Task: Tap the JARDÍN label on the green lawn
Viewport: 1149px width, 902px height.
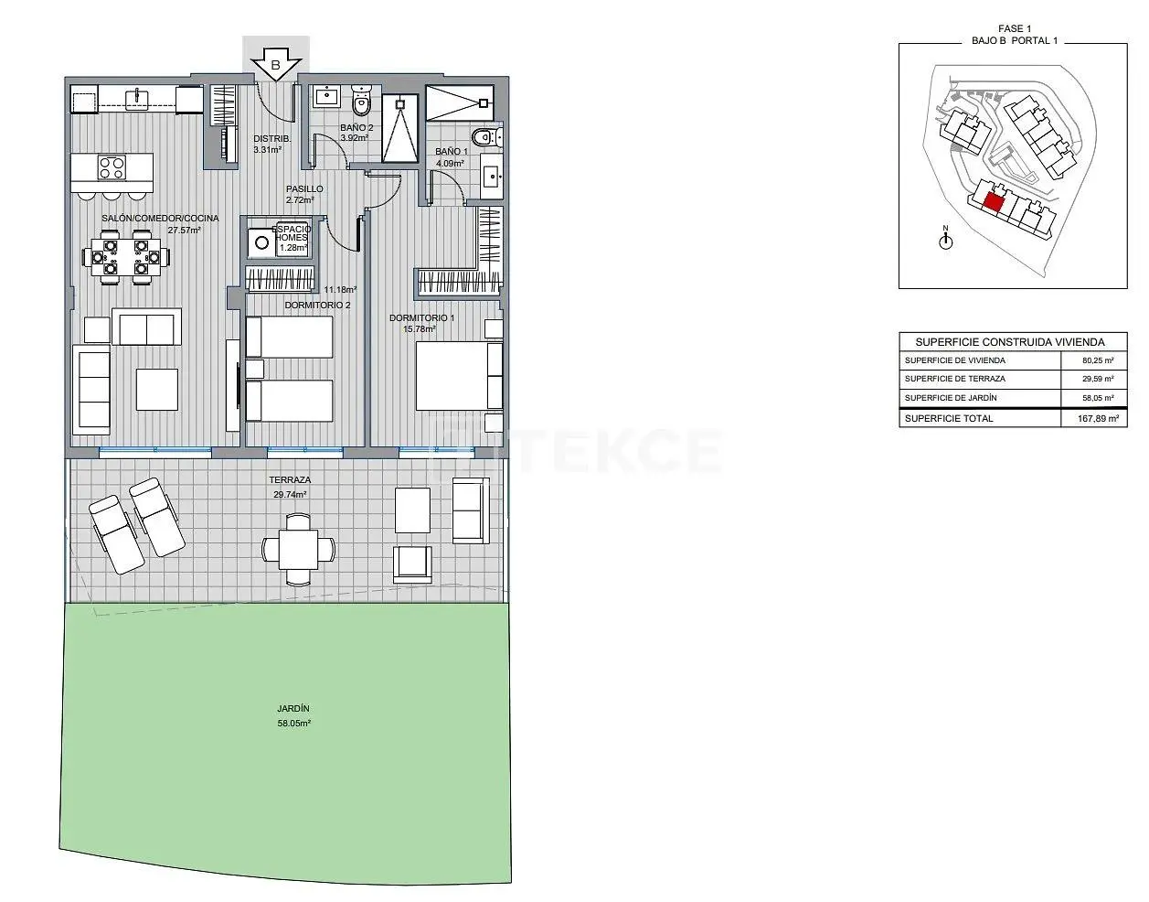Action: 293,708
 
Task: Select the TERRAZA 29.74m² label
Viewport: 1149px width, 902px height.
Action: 290,488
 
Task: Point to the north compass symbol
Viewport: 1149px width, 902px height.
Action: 945,238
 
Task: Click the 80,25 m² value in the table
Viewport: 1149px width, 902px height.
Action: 1098,360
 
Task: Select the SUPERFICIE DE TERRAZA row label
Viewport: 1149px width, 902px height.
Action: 955,379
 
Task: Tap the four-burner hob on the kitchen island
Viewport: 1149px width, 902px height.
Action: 112,167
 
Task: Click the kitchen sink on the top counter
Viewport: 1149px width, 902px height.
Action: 136,99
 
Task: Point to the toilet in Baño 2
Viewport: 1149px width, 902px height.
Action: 362,101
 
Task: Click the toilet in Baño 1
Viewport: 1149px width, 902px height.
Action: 487,138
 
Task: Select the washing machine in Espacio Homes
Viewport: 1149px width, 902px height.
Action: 261,242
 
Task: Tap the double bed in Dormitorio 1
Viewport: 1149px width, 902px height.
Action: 459,376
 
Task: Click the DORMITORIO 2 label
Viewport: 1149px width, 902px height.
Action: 317,306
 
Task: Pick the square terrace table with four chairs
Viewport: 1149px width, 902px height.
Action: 299,549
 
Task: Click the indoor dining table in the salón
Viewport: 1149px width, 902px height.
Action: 126,258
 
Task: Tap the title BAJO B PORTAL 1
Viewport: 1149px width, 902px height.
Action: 1015,41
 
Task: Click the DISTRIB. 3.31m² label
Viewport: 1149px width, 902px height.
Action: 271,144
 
